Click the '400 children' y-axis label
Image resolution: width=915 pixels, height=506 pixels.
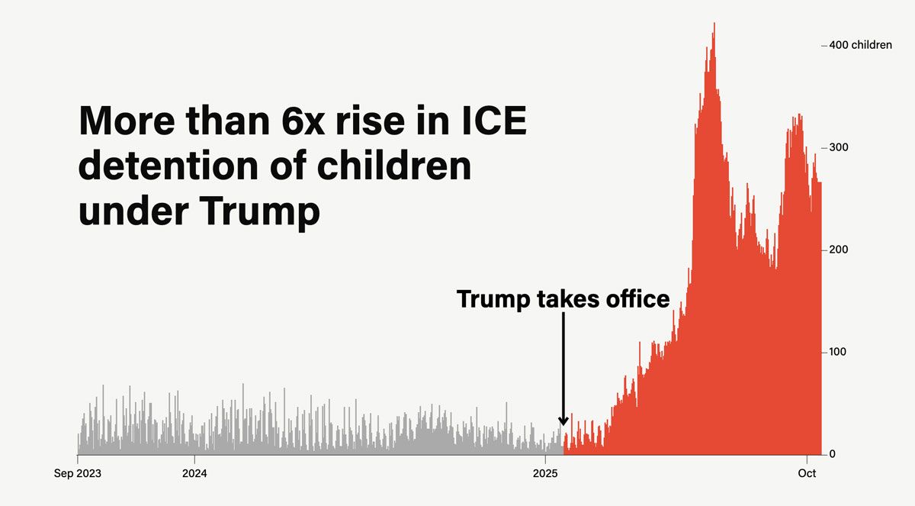click(860, 45)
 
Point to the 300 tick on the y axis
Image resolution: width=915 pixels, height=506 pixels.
click(838, 147)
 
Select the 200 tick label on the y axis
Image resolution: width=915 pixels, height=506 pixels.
click(838, 250)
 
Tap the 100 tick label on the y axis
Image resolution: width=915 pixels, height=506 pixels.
click(838, 352)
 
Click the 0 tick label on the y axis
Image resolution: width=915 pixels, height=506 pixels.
click(833, 454)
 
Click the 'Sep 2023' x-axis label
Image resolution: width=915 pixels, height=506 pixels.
click(78, 473)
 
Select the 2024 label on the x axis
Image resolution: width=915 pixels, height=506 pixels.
click(194, 473)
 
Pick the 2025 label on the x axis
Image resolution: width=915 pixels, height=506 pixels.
click(545, 473)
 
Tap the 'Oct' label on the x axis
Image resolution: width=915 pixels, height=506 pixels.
click(807, 473)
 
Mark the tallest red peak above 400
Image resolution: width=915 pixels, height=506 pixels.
click(714, 24)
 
